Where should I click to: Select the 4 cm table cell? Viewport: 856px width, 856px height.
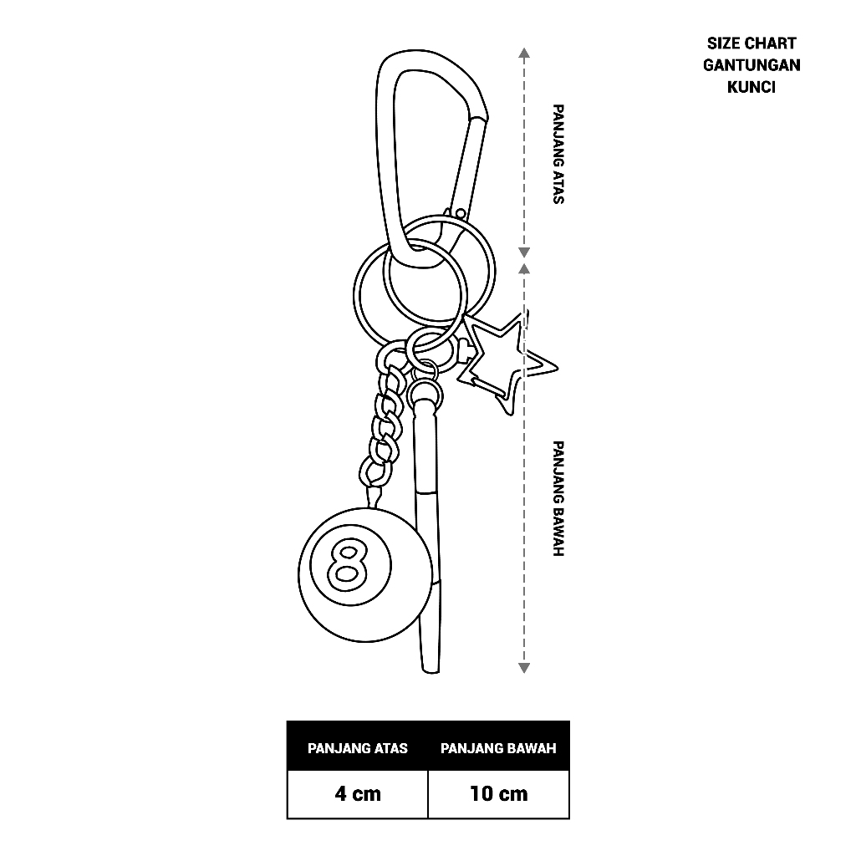pyautogui.click(x=358, y=793)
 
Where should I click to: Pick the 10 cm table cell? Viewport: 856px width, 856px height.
pyautogui.click(x=498, y=793)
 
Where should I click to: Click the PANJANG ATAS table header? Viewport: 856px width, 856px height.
pyautogui.click(x=358, y=747)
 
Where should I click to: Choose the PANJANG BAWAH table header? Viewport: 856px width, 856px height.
pyautogui.click(x=498, y=747)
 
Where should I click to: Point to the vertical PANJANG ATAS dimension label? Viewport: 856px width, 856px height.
pyautogui.click(x=558, y=154)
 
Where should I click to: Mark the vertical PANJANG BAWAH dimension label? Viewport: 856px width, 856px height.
pyautogui.click(x=558, y=499)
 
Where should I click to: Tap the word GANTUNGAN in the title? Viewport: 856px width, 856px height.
pyautogui.click(x=752, y=65)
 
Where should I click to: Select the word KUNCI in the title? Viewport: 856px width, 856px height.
pyautogui.click(x=752, y=87)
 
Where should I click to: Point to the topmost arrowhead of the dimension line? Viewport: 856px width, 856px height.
pyautogui.click(x=524, y=53)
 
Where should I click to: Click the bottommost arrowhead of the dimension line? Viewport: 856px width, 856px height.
pyautogui.click(x=524, y=667)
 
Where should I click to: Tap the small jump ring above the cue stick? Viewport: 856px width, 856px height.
pyautogui.click(x=425, y=369)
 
